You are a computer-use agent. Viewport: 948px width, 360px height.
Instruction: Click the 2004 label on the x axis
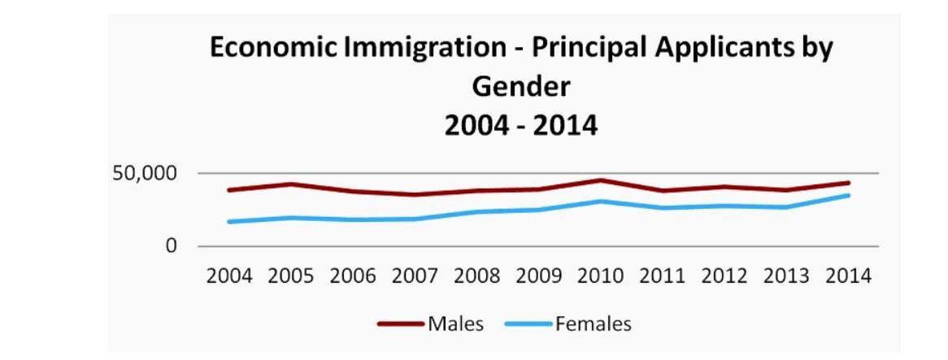pyautogui.click(x=228, y=275)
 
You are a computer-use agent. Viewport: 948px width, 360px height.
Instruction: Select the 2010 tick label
pyautogui.click(x=600, y=275)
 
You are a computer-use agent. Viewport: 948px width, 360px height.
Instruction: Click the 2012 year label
pyautogui.click(x=724, y=275)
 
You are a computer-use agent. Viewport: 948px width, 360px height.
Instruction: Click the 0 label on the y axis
pyautogui.click(x=171, y=246)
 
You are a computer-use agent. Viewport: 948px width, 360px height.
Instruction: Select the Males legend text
pyautogui.click(x=455, y=323)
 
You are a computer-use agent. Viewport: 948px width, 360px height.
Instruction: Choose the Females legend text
pyautogui.click(x=593, y=323)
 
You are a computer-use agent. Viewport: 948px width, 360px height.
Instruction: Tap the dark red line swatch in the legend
pyautogui.click(x=401, y=324)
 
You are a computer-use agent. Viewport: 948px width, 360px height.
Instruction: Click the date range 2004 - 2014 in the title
pyautogui.click(x=522, y=125)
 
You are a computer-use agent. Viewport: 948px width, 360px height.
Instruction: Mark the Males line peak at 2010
pyautogui.click(x=600, y=180)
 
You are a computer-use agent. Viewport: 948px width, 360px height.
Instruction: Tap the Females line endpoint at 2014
pyautogui.click(x=849, y=195)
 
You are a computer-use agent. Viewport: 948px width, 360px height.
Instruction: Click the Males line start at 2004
pyautogui.click(x=229, y=190)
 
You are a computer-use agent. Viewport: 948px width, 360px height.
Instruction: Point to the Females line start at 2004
pyautogui.click(x=229, y=221)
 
